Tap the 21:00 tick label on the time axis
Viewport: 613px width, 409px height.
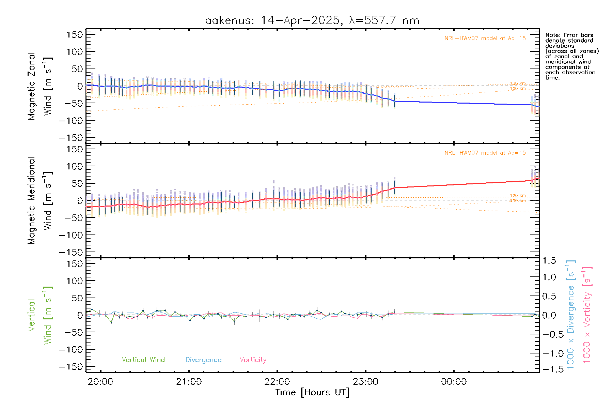pyautogui.click(x=189, y=382)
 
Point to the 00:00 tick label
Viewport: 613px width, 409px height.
pyautogui.click(x=454, y=382)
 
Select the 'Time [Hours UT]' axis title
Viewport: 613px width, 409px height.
pyautogui.click(x=312, y=392)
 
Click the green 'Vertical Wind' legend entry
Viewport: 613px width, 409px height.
pyautogui.click(x=143, y=360)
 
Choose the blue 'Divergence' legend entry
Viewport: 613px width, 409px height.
pyautogui.click(x=203, y=360)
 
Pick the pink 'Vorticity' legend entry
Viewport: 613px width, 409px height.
pyautogui.click(x=253, y=360)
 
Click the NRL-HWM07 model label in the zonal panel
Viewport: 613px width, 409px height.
pyautogui.click(x=485, y=39)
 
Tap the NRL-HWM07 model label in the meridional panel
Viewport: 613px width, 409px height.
pyautogui.click(x=485, y=153)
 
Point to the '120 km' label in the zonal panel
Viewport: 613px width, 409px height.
pyautogui.click(x=518, y=84)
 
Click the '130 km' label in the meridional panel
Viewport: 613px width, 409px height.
pyautogui.click(x=518, y=201)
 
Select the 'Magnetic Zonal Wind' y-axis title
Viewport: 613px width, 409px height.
pyautogui.click(x=40, y=86)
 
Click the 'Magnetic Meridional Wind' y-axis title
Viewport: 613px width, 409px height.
pyautogui.click(x=40, y=201)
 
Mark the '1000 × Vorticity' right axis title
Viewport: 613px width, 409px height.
pyautogui.click(x=587, y=315)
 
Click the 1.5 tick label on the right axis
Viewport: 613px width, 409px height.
pyautogui.click(x=549, y=261)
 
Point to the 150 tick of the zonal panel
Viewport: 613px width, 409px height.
pyautogui.click(x=75, y=34)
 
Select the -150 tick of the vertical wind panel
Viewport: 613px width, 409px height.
pyautogui.click(x=71, y=367)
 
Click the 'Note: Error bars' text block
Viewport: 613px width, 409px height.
pyautogui.click(x=571, y=56)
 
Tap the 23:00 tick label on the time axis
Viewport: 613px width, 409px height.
pyautogui.click(x=365, y=382)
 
